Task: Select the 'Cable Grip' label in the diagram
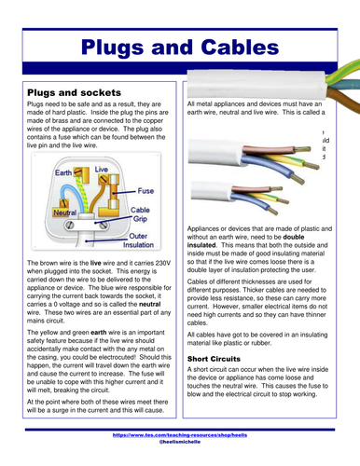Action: point(140,216)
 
